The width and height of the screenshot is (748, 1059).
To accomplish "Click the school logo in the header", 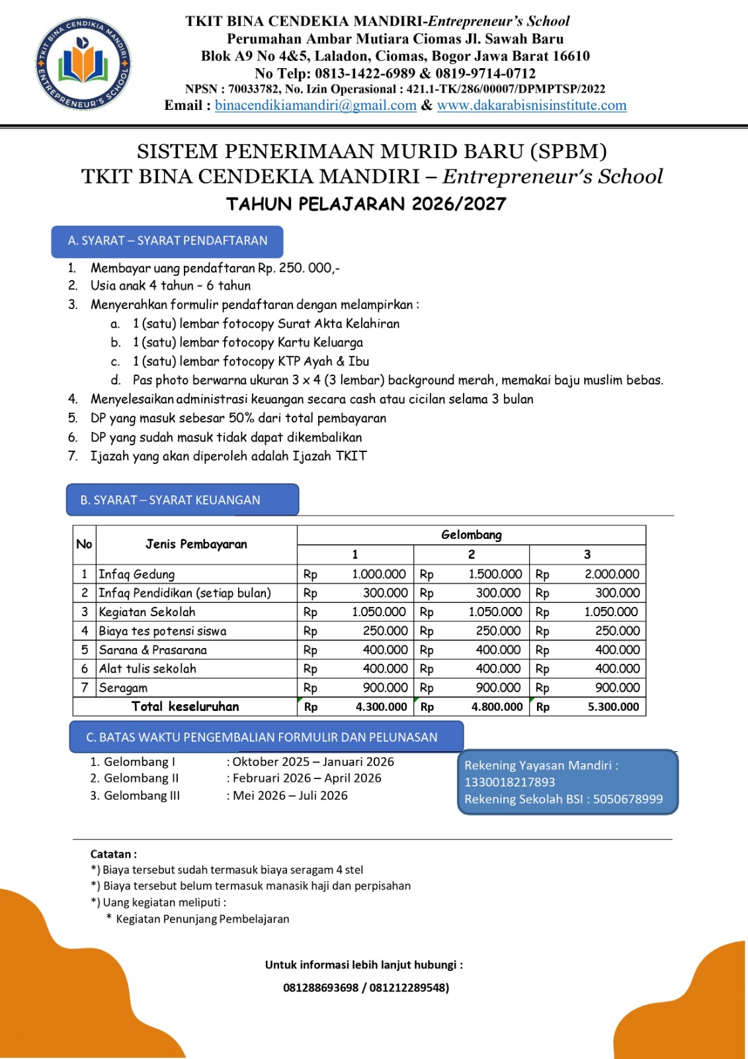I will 83,64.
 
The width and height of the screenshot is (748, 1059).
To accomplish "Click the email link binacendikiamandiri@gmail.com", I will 315,105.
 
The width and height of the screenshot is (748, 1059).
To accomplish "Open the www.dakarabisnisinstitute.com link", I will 531,105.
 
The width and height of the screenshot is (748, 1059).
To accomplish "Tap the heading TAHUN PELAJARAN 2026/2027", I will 366,204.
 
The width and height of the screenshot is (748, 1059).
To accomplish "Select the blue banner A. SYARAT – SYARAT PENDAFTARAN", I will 167,241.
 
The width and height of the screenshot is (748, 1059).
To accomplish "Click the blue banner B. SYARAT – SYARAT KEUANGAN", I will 182,500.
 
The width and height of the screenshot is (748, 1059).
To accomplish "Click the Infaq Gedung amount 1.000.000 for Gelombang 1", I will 378,574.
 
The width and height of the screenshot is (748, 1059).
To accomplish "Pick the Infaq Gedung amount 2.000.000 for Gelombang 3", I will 611,574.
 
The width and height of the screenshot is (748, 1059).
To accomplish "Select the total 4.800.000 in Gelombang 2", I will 497,707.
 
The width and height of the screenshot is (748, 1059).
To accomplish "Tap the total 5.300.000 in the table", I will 613,707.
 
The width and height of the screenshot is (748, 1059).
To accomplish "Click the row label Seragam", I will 123,688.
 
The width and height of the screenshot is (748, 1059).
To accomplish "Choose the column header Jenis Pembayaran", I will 196,544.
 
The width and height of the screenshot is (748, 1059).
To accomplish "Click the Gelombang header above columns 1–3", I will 471,535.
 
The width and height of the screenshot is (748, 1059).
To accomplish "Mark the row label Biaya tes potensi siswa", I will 163,631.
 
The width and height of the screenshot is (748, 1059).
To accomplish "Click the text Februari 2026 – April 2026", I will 307,778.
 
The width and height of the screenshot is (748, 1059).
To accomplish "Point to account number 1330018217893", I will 509,782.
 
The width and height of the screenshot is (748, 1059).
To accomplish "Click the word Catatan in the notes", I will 111,854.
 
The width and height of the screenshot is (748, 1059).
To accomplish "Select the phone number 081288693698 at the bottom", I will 321,988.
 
